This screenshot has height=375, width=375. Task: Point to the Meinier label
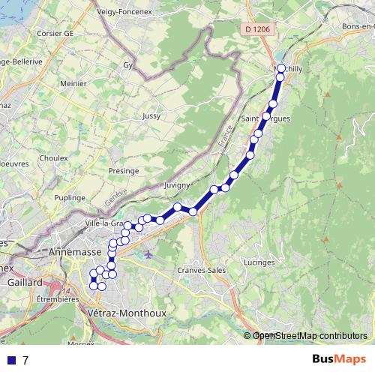click(x=73, y=84)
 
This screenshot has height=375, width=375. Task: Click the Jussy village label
click(x=151, y=116)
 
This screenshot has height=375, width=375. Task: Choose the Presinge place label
click(x=124, y=171)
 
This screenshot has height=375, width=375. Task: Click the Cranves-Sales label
click(x=201, y=270)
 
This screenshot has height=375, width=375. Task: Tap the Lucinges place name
click(x=259, y=263)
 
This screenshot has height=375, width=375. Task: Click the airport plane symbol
click(x=148, y=253)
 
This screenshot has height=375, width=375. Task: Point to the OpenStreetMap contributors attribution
click(x=310, y=335)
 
